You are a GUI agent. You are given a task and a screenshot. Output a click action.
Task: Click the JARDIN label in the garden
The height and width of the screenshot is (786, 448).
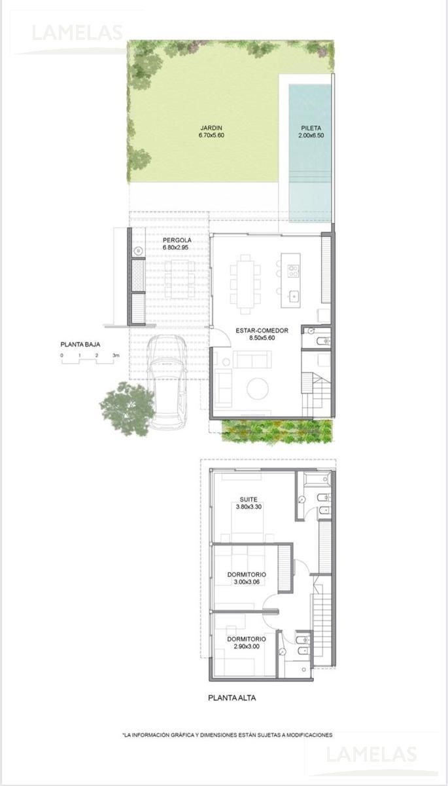tap(211, 128)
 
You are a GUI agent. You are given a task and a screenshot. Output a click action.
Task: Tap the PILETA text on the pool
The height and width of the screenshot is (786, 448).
tap(311, 128)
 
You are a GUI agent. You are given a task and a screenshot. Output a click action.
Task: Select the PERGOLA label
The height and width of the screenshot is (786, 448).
tap(177, 240)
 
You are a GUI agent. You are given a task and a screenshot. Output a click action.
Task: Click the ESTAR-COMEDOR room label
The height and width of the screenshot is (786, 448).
tap(262, 331)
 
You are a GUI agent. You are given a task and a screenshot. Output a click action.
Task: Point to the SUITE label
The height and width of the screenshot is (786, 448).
tap(249, 499)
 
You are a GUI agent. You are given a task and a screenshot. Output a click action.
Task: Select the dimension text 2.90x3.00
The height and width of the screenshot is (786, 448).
tap(247, 646)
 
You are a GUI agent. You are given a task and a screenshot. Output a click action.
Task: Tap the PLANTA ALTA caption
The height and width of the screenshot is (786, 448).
tap(232, 698)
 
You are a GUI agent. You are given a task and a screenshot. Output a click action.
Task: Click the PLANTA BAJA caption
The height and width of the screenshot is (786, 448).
tap(80, 345)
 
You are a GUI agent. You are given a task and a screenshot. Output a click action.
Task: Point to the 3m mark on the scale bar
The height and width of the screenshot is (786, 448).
tap(116, 356)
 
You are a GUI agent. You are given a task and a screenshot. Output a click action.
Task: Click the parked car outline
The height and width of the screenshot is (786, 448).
tap(167, 383)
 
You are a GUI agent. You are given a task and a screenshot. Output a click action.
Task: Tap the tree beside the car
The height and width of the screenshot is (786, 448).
tap(128, 409)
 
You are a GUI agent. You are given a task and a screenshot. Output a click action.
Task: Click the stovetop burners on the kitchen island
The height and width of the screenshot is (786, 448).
tap(293, 271)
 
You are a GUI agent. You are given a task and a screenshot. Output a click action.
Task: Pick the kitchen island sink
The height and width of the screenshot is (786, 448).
tap(294, 297)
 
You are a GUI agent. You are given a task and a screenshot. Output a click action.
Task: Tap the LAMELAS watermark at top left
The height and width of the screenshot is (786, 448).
tap(77, 33)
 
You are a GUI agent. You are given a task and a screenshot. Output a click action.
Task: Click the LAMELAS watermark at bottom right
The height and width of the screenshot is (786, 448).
tap(371, 754)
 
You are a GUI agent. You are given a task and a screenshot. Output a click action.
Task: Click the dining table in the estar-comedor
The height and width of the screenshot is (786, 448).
tap(245, 284)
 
